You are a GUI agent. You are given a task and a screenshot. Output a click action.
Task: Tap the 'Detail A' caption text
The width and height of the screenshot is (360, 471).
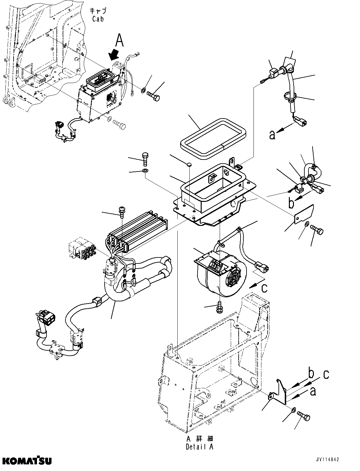pyautogui.click(x=199, y=443)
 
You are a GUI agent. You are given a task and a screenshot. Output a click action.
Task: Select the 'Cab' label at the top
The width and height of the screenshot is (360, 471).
pyautogui.click(x=99, y=15)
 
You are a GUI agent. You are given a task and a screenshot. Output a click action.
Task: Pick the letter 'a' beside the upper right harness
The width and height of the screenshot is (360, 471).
pyautogui.click(x=272, y=135)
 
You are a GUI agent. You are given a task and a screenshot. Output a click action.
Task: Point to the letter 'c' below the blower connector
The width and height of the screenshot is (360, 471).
pyautogui.click(x=265, y=288)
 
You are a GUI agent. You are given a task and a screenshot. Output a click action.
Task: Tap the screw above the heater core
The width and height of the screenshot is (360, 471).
pyautogui.click(x=121, y=210)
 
